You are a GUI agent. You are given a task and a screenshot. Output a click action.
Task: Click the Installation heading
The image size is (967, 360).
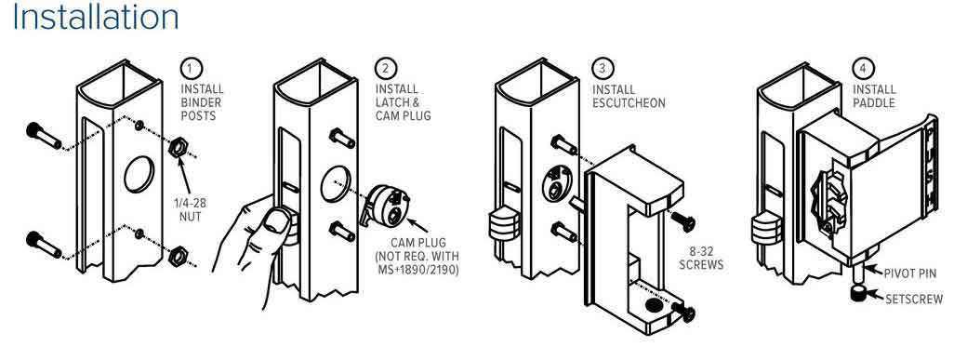tap(96, 17)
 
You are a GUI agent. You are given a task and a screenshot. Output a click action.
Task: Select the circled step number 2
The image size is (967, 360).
tap(386, 67)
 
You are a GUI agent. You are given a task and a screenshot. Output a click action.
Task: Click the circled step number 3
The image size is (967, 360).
tap(602, 67)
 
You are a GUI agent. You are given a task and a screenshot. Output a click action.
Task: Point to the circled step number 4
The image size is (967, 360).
tap(863, 67)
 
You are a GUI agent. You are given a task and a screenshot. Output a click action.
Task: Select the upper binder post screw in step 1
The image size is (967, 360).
tap(44, 137)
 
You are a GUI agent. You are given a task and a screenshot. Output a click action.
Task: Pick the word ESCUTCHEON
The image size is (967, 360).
tap(629, 102)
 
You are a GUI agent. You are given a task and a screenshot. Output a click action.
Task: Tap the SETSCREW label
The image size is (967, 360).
tap(914, 300)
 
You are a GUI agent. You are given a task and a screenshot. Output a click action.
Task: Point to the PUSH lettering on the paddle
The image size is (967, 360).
tap(932, 166)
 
